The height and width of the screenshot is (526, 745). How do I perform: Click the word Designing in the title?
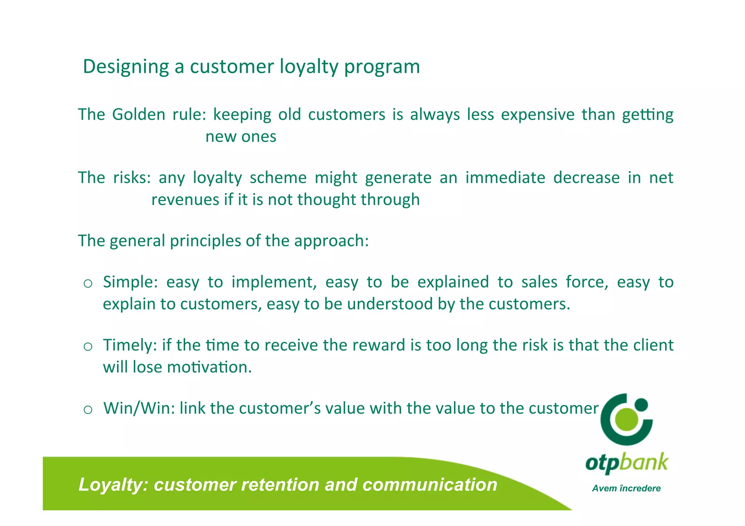pos(126,67)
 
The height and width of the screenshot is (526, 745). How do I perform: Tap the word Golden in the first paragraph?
pos(139,115)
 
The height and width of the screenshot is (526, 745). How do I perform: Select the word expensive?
pos(538,115)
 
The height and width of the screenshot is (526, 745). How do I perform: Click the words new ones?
pos(241,137)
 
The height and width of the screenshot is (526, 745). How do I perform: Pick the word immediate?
pos(505,178)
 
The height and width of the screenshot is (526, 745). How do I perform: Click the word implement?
pos(274,282)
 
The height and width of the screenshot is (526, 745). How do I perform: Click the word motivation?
pos(209,368)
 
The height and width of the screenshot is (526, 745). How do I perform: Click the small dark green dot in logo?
pos(641,404)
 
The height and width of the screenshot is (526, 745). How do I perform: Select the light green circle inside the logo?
pos(626,419)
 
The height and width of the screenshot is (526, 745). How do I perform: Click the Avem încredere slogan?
pos(626,488)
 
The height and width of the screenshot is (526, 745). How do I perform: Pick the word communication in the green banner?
pos(430,485)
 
